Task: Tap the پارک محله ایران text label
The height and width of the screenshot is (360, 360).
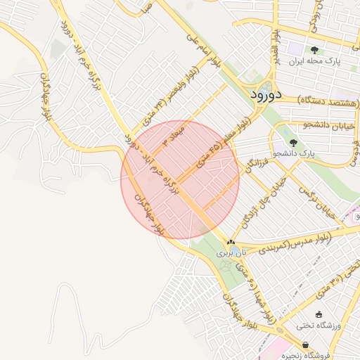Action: click(x=314, y=63)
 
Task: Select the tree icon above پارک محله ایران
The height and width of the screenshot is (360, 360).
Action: click(x=314, y=51)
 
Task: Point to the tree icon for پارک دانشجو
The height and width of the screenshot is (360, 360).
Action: click(x=293, y=142)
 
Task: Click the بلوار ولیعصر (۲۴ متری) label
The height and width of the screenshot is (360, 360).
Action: click(x=180, y=91)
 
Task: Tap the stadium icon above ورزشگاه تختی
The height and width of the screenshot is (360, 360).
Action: click(x=319, y=314)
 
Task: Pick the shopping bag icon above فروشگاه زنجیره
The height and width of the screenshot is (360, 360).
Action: click(x=305, y=345)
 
